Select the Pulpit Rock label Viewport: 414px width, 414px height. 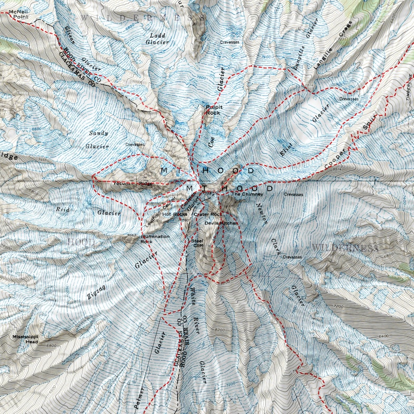pos(213,109)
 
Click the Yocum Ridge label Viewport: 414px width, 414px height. pos(133,184)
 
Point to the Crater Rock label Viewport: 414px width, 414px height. pos(208,214)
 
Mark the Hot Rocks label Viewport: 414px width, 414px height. pos(175,214)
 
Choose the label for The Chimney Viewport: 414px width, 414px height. pos(244,194)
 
